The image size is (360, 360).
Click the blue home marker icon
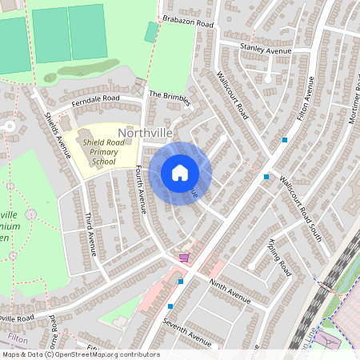point(180,173)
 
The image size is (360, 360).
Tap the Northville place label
point(146,132)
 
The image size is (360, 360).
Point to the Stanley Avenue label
point(265,50)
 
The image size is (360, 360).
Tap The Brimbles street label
point(170,98)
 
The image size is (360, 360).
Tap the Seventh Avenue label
point(186,333)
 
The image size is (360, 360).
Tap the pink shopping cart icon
point(185,257)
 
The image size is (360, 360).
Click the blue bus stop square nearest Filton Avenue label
point(285,140)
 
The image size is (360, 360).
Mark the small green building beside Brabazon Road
point(151,32)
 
